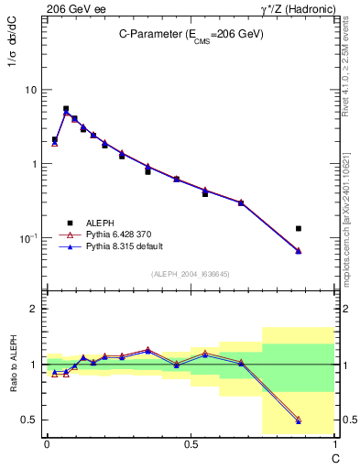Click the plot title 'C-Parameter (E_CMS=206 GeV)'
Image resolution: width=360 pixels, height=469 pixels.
click(191, 34)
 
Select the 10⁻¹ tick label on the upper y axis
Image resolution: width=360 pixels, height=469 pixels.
click(27, 238)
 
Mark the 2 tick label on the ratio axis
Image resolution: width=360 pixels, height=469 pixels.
click(34, 310)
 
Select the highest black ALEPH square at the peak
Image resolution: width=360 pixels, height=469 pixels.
click(65, 108)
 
